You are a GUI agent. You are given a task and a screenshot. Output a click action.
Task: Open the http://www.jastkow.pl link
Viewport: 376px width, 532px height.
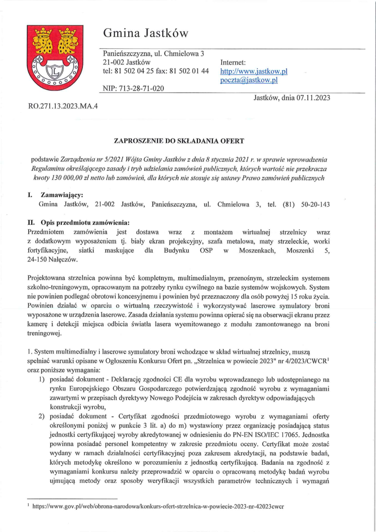253,71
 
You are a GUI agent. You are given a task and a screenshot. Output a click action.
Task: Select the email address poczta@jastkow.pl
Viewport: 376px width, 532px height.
249,80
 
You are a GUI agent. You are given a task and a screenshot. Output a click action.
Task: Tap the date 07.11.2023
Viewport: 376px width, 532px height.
313,98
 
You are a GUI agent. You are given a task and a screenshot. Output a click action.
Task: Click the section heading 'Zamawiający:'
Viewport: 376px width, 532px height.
62,195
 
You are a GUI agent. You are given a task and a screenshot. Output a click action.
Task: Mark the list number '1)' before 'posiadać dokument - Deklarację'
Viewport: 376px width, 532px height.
42,379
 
